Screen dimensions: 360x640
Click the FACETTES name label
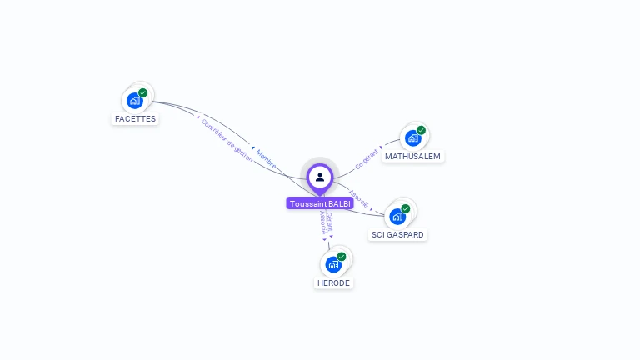135,119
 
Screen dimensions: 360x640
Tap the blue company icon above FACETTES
134,101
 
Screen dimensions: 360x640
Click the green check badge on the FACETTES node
143,92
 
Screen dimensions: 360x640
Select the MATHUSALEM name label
412,157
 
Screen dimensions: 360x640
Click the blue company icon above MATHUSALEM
412,138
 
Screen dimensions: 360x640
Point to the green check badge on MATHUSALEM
422,130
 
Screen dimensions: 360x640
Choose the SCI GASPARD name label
397,235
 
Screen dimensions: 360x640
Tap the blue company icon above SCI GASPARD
397,217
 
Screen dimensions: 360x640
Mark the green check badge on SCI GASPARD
406,208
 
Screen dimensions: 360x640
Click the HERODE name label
333,283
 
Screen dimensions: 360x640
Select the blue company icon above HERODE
333,265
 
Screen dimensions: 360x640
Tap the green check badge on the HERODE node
342,257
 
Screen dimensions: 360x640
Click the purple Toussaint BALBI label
320,203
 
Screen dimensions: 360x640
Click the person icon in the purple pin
320,177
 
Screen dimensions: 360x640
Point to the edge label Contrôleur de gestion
227,139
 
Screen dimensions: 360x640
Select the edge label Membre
267,158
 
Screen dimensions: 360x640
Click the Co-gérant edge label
367,159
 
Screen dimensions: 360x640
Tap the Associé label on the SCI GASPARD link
358,197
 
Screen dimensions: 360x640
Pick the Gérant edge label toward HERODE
330,221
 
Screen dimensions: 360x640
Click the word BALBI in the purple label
339,203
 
